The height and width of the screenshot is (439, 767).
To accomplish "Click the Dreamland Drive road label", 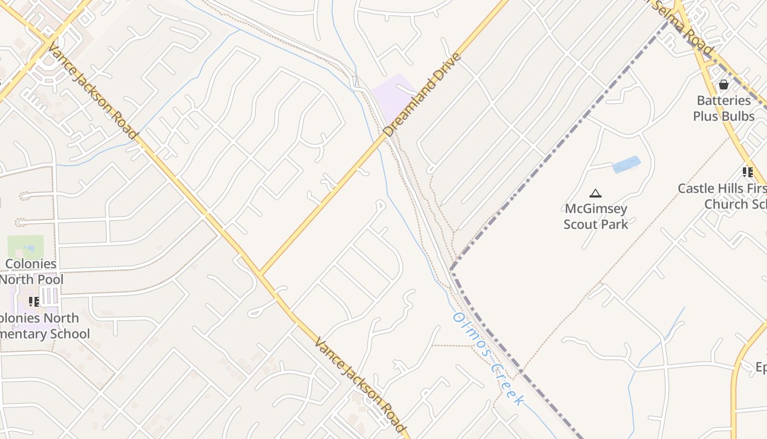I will [422, 94].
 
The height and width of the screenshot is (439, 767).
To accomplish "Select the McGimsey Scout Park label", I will [596, 216].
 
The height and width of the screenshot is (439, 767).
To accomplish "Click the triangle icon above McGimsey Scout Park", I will [596, 193].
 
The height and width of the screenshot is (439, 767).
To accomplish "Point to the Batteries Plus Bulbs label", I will [724, 108].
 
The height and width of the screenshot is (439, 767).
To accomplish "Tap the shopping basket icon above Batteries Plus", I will [724, 85].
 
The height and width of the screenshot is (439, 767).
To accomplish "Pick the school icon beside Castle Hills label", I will [748, 172].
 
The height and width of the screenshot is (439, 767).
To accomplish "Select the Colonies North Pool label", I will [31, 272].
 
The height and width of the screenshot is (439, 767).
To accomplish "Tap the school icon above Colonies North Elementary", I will [34, 301].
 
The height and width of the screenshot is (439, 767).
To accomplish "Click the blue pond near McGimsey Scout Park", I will [626, 164].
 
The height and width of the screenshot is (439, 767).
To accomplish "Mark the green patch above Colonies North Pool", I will [25, 246].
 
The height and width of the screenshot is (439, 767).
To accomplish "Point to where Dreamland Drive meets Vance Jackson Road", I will [260, 274].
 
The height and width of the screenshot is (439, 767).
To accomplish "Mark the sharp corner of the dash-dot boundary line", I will [451, 269].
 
